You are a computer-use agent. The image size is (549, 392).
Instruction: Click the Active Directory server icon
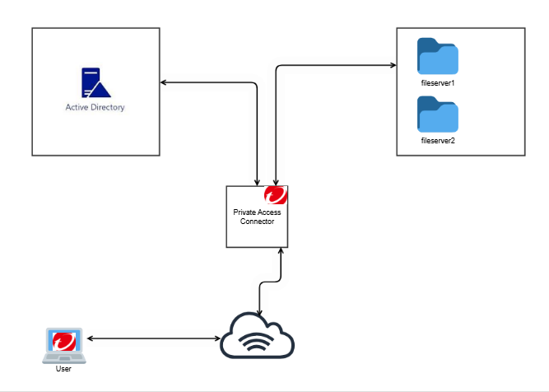pos(95,83)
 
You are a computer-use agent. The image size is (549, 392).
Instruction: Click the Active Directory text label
pos(95,107)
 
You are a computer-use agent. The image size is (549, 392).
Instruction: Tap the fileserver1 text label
pos(438,83)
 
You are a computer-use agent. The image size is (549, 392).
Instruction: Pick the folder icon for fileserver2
pos(438,114)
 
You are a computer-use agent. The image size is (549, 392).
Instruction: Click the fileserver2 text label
pos(438,141)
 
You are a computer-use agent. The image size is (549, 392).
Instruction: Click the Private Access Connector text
pos(257,217)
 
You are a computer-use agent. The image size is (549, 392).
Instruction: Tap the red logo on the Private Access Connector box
pos(275,197)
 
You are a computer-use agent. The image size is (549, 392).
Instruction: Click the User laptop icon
pos(64,344)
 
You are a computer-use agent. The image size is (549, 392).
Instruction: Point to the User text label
pos(64,369)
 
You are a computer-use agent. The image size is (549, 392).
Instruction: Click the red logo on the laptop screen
pos(64,340)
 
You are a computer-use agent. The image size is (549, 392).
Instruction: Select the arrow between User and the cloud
pos(152,339)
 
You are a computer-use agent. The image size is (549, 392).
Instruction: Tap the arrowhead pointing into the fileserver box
pos(391,64)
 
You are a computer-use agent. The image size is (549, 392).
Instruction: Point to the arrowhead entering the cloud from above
pos(261,314)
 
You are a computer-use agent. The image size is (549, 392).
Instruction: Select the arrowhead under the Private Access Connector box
pos(281,251)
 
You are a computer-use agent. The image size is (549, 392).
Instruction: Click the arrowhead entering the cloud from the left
pos(216,339)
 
